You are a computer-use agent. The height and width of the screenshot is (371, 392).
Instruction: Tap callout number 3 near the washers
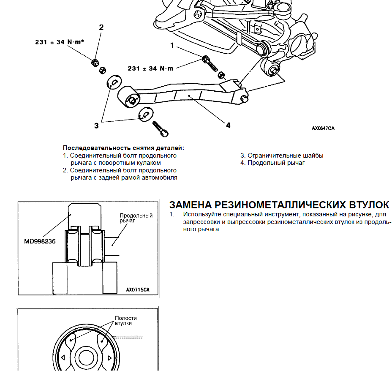[x=96, y=125]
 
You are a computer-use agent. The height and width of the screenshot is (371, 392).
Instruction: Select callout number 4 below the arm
[x=228, y=125]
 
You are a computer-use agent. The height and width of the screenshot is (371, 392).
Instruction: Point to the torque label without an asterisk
[x=150, y=68]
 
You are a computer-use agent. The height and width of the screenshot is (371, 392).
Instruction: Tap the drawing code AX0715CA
[x=138, y=290]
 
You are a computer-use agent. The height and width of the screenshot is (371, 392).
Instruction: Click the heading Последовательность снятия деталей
[x=124, y=148]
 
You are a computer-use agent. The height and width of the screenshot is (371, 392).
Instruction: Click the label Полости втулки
[x=125, y=320]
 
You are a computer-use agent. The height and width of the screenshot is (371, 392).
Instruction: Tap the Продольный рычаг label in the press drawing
[x=136, y=218]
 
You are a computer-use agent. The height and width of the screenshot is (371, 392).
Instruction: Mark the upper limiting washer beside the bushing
[x=113, y=82]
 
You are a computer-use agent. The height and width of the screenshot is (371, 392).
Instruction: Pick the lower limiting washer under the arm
[x=145, y=114]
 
